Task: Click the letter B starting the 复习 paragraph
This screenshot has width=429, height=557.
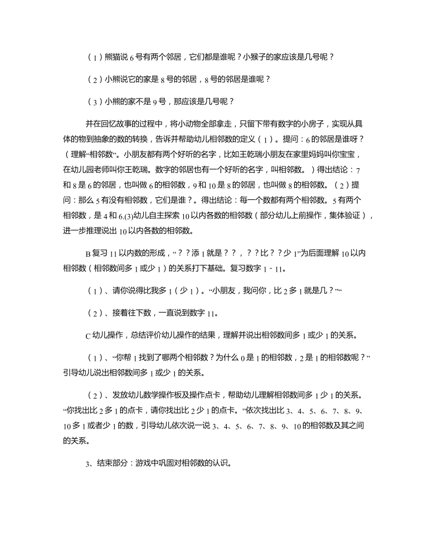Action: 87,254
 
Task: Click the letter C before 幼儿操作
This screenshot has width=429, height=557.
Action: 87,335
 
